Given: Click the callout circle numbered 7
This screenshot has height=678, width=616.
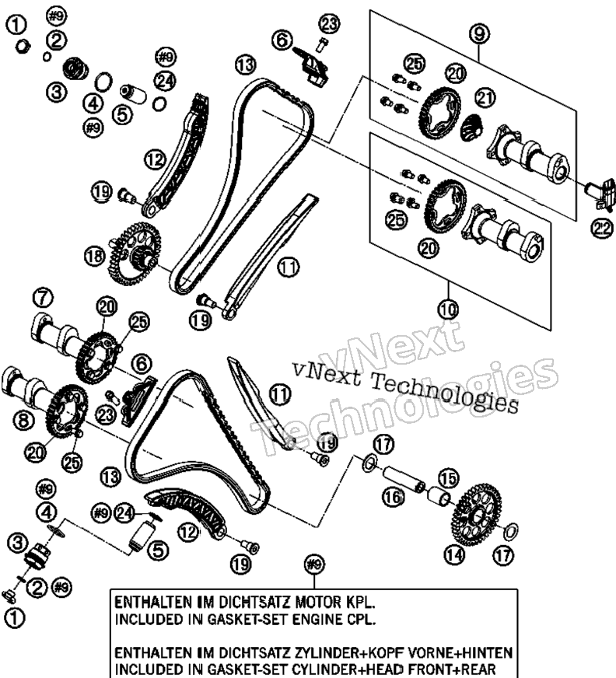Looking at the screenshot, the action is [x=43, y=298].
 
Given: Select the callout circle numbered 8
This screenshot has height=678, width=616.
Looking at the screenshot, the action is [x=24, y=419].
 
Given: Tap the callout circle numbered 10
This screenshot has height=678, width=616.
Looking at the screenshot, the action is [x=448, y=309].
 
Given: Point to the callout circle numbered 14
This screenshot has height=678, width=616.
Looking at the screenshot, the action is [x=455, y=554].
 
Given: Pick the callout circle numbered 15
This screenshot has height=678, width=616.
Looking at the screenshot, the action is [x=448, y=478].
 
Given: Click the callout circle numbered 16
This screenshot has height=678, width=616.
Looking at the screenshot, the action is [x=394, y=498].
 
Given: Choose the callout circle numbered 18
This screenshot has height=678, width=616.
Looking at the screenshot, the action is [x=95, y=256].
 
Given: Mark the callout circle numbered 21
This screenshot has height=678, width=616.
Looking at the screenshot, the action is [x=485, y=98].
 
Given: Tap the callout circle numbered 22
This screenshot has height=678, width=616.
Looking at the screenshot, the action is [x=602, y=229].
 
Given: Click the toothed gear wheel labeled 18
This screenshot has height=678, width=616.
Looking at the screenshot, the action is [x=135, y=254].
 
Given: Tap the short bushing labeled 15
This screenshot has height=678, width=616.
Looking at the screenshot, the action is [x=440, y=495].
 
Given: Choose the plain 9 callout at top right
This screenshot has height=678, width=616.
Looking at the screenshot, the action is [x=479, y=33].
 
